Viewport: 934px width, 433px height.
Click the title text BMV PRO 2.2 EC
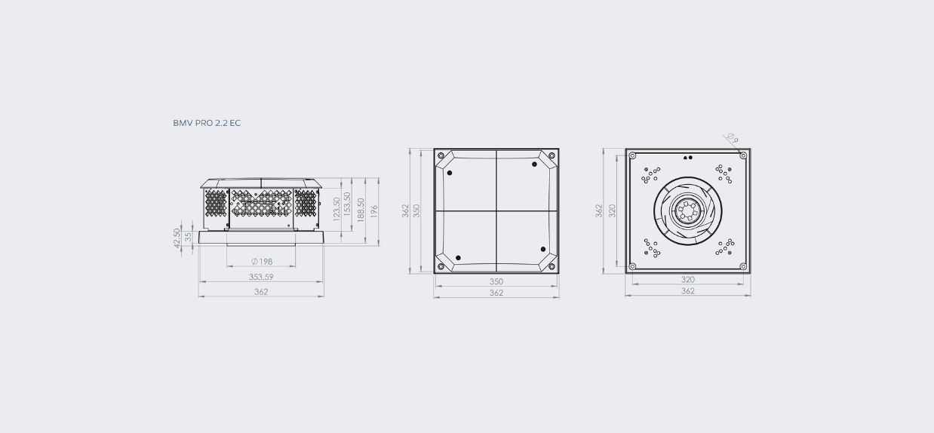207,123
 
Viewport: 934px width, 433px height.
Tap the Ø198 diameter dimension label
262,261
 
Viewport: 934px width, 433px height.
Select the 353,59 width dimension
261,277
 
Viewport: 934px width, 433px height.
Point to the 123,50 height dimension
337,209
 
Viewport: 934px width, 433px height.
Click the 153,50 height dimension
347,204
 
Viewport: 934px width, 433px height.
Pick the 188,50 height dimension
361,210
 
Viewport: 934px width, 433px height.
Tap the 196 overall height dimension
374,211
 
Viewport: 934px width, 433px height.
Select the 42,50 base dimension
177,238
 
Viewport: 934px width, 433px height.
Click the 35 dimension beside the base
188,237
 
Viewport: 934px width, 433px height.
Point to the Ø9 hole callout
733,138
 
